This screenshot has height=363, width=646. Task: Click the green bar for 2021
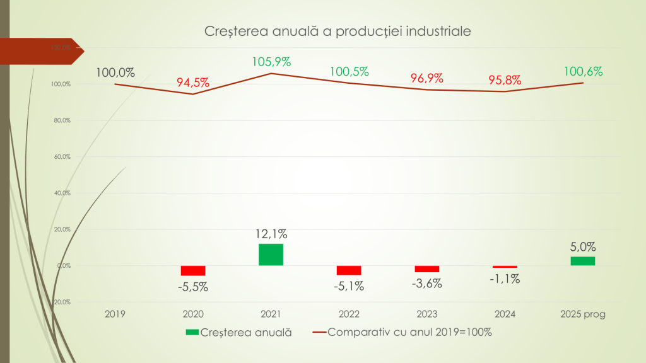[x=271, y=255]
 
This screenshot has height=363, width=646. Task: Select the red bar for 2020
[x=193, y=270]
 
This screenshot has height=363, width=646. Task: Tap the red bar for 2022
[x=349, y=270]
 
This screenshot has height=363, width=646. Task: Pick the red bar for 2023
[x=426, y=269]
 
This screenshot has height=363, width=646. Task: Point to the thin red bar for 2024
[x=505, y=267]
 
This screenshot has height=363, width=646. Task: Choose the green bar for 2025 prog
[x=582, y=261]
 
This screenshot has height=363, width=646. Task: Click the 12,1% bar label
[x=271, y=234]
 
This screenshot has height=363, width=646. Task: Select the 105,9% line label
[x=271, y=62]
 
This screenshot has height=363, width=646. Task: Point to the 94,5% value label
[x=193, y=83]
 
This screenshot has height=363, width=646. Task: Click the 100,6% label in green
[x=582, y=71]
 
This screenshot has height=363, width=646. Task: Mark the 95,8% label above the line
[x=505, y=80]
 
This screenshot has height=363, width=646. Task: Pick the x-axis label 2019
[x=115, y=314]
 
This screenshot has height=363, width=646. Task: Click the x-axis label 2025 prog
[x=582, y=314]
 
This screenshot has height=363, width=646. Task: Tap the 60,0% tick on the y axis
[x=61, y=156]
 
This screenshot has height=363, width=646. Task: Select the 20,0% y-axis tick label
[x=61, y=229]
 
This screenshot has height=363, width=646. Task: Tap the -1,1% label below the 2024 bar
[x=505, y=279]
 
